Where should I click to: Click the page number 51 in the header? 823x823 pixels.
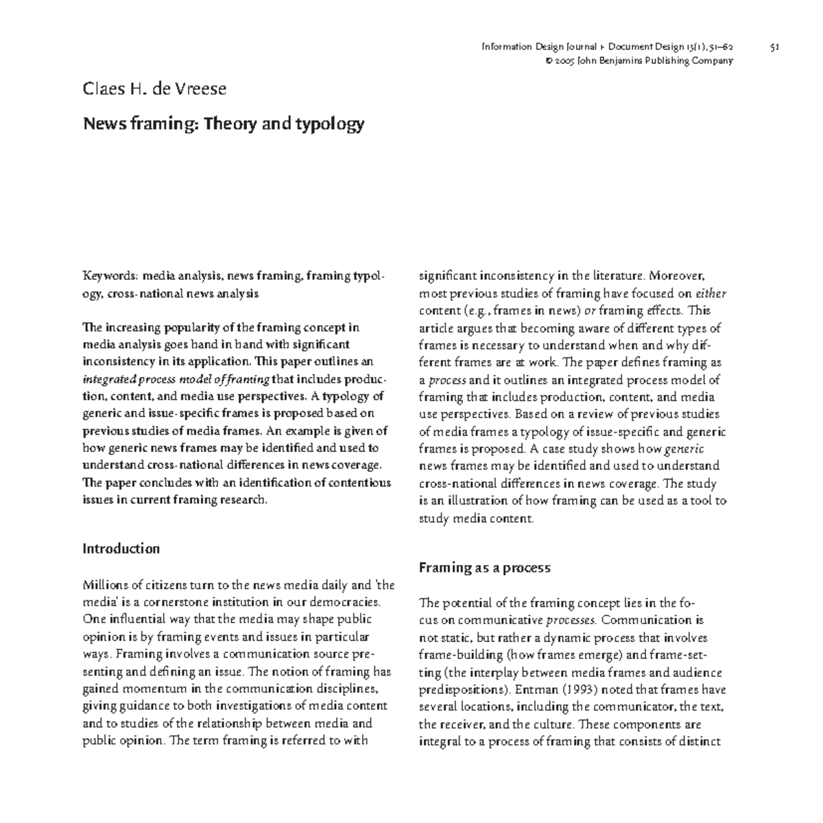click(774, 47)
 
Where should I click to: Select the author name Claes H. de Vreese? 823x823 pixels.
click(154, 89)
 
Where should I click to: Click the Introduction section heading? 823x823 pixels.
click(121, 549)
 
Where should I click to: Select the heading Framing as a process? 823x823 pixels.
click(484, 568)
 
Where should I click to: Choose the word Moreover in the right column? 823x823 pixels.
click(676, 276)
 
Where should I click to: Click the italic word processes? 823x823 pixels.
click(571, 621)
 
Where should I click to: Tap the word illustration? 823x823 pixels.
click(465, 501)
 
